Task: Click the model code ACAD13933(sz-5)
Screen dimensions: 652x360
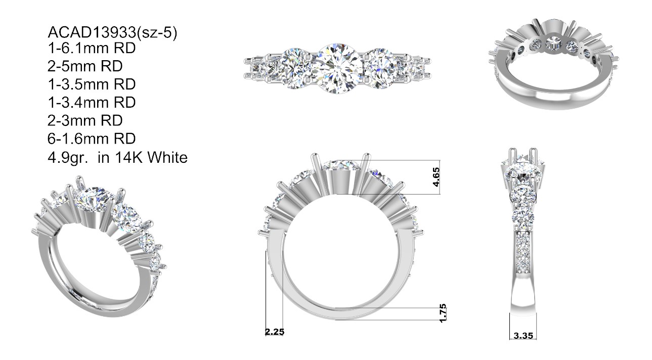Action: tap(112, 32)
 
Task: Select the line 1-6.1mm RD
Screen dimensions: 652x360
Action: tap(92, 49)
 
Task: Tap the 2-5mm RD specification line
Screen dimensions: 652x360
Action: tap(85, 66)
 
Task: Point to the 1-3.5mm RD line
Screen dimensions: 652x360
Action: tap(92, 84)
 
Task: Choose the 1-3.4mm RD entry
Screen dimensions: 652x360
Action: tap(92, 103)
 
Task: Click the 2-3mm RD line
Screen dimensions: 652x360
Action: tap(85, 120)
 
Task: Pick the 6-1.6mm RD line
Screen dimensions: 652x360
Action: tap(92, 139)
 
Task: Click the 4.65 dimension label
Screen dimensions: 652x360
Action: tap(436, 177)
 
